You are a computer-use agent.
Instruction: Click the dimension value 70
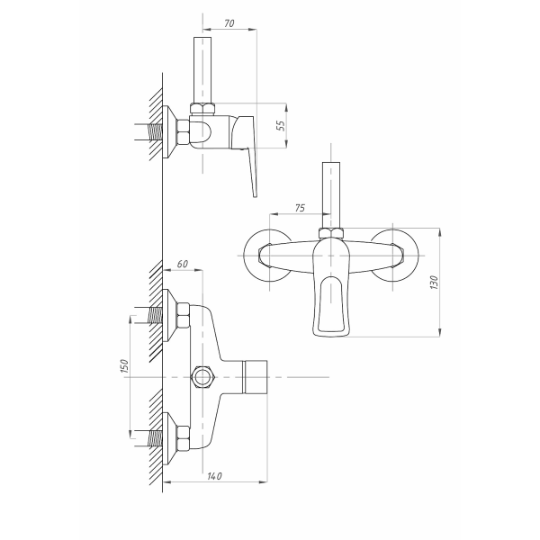229,23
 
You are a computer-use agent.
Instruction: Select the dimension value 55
282,125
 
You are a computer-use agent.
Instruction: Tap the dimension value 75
300,208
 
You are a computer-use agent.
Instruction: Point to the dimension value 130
435,282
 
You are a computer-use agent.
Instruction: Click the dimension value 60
183,264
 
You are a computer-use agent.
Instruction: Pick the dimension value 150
125,366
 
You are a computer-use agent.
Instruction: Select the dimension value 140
214,476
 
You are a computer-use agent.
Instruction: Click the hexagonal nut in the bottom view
203,377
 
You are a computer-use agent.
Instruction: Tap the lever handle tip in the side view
255,194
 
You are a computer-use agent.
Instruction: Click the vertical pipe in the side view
202,69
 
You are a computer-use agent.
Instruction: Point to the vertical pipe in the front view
331,195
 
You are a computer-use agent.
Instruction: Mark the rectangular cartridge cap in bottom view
256,377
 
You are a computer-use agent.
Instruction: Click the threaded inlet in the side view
155,132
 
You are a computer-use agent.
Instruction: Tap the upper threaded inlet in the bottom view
155,315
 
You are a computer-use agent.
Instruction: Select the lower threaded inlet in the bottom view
155,438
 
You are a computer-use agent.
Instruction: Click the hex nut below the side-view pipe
202,109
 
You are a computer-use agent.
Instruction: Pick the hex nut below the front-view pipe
331,233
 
